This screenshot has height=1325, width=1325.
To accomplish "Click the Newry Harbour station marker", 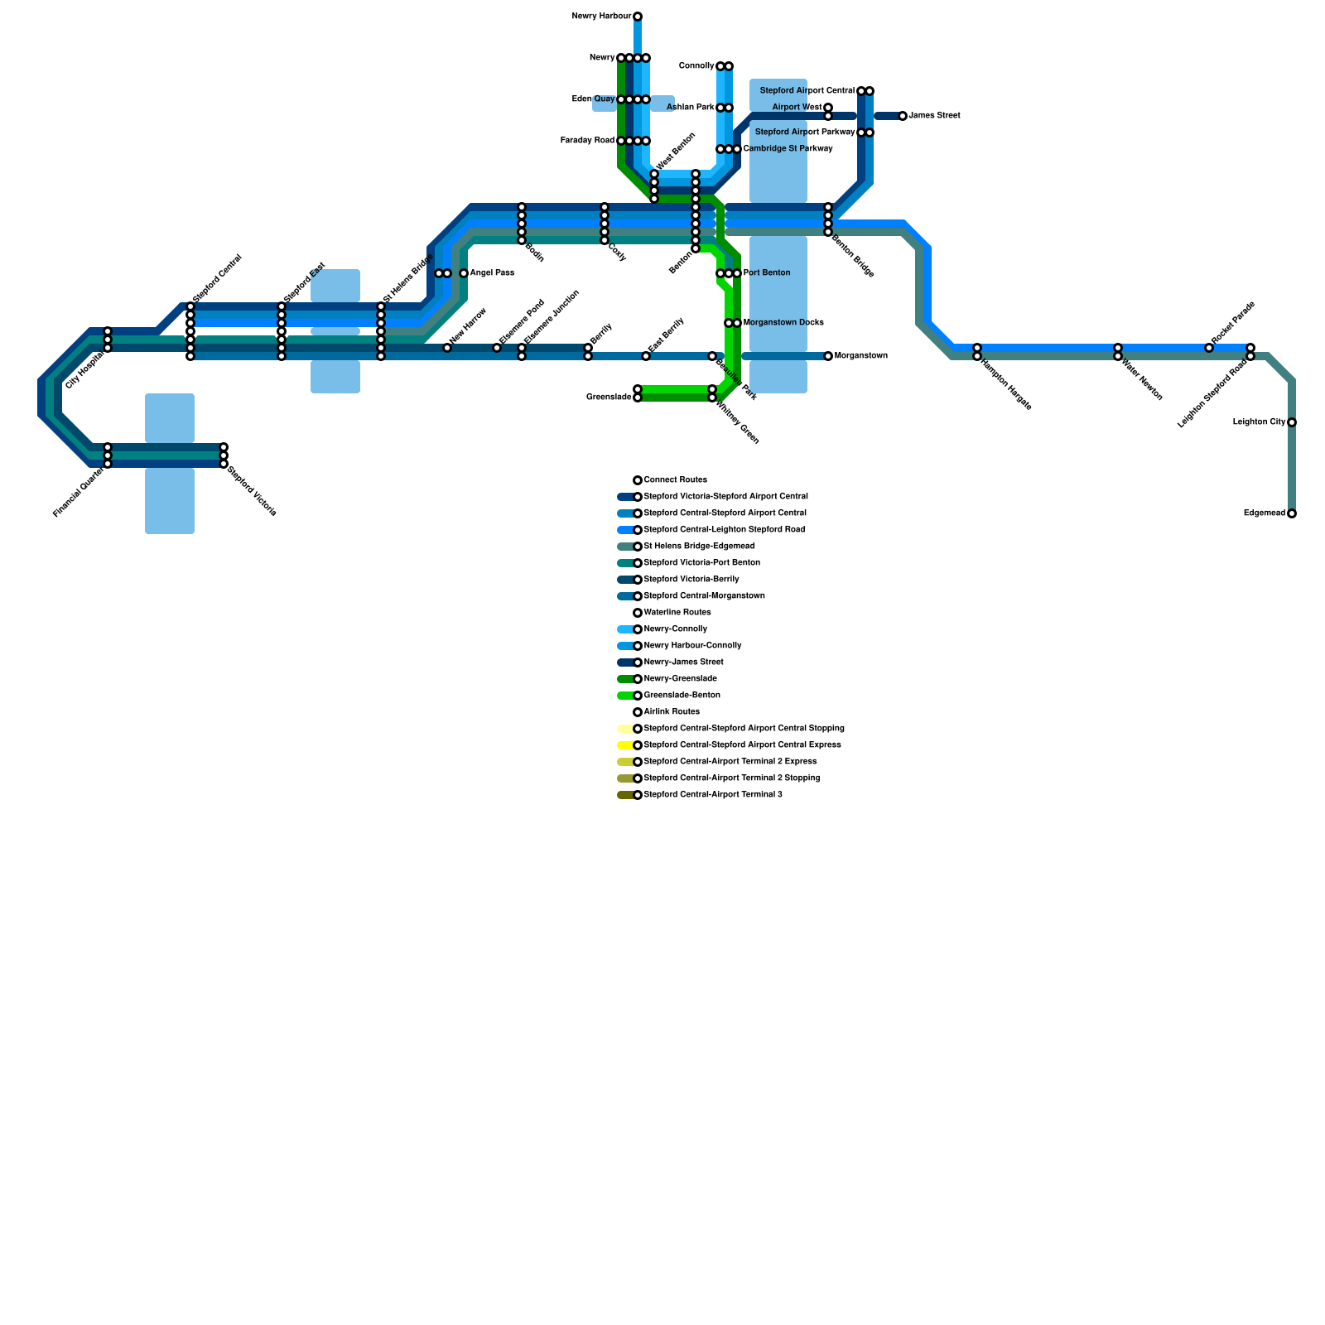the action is (638, 17).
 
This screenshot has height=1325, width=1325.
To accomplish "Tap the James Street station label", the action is (934, 116).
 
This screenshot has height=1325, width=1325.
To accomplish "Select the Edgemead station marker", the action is (1292, 513).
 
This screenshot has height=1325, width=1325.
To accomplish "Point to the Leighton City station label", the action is (1258, 422).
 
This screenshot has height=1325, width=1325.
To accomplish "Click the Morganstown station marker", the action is (828, 356).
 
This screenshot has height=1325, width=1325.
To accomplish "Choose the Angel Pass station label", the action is (492, 273).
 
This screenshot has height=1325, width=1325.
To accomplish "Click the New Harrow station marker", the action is (447, 348).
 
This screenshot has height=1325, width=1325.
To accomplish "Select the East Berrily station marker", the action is (646, 356).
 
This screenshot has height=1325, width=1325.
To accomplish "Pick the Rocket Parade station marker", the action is (1209, 348).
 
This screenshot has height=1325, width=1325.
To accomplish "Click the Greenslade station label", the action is (609, 397).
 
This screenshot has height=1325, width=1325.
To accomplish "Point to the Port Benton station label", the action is (766, 273).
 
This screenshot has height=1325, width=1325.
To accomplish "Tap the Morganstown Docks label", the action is (783, 323).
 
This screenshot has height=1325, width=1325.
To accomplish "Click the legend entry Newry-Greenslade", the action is (680, 679).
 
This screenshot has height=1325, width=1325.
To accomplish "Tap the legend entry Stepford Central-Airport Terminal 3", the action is (712, 795).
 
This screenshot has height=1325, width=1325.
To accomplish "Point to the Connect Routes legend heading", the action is (675, 480).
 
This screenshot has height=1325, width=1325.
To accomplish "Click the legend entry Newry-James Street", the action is (683, 662).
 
